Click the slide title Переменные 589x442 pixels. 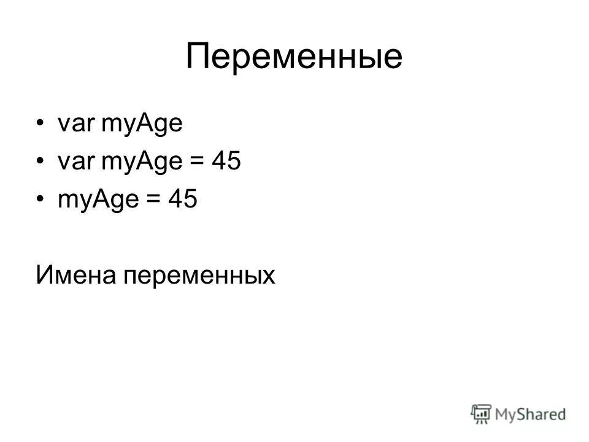coord(294,57)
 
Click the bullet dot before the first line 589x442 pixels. coord(40,125)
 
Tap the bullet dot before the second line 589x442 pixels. coord(40,163)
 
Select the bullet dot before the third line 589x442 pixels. coord(40,201)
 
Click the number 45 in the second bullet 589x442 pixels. coord(226,163)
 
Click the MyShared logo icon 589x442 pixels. coord(482,413)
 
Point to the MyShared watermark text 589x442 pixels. coord(530,414)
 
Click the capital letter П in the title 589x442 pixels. coord(198,57)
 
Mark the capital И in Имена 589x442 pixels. coord(44,274)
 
